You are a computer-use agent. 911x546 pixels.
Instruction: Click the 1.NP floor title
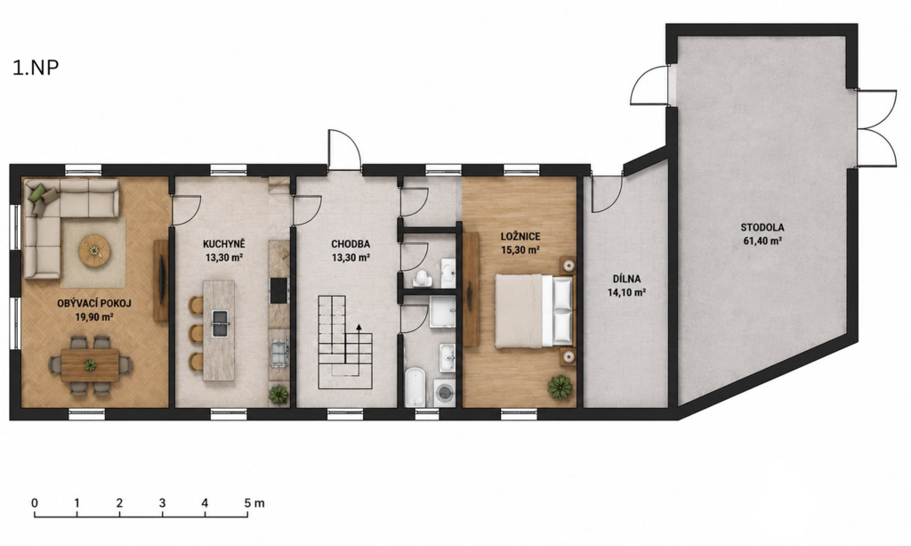pos(36,68)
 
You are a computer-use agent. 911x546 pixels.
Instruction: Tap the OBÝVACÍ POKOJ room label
pos(94,303)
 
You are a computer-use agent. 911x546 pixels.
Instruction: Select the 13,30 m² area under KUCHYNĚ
pos(223,257)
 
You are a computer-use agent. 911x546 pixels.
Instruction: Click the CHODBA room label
pos(351,244)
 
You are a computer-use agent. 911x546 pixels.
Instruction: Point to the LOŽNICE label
pos(520,237)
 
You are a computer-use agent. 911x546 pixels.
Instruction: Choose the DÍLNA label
pos(626,279)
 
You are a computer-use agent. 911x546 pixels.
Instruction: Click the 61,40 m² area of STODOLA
pos(762,241)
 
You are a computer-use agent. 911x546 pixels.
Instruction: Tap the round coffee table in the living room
pos(94,250)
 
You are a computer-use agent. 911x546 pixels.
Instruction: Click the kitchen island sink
pos(221,324)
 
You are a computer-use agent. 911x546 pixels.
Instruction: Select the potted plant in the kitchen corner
pos(278,395)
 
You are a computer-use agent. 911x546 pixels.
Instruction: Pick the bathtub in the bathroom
pos(415,387)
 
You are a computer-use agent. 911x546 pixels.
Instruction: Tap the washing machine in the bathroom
pos(445,393)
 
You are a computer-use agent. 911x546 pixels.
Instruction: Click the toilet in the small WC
pos(423,278)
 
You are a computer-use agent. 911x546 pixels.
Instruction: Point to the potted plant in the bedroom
pos(560,387)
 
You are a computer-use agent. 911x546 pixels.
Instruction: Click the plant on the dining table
pos(90,365)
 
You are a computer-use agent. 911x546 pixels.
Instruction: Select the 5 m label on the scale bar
pos(254,502)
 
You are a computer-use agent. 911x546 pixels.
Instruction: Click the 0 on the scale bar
pos(35,502)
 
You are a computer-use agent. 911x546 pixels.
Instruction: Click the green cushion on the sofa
pos(36,191)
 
